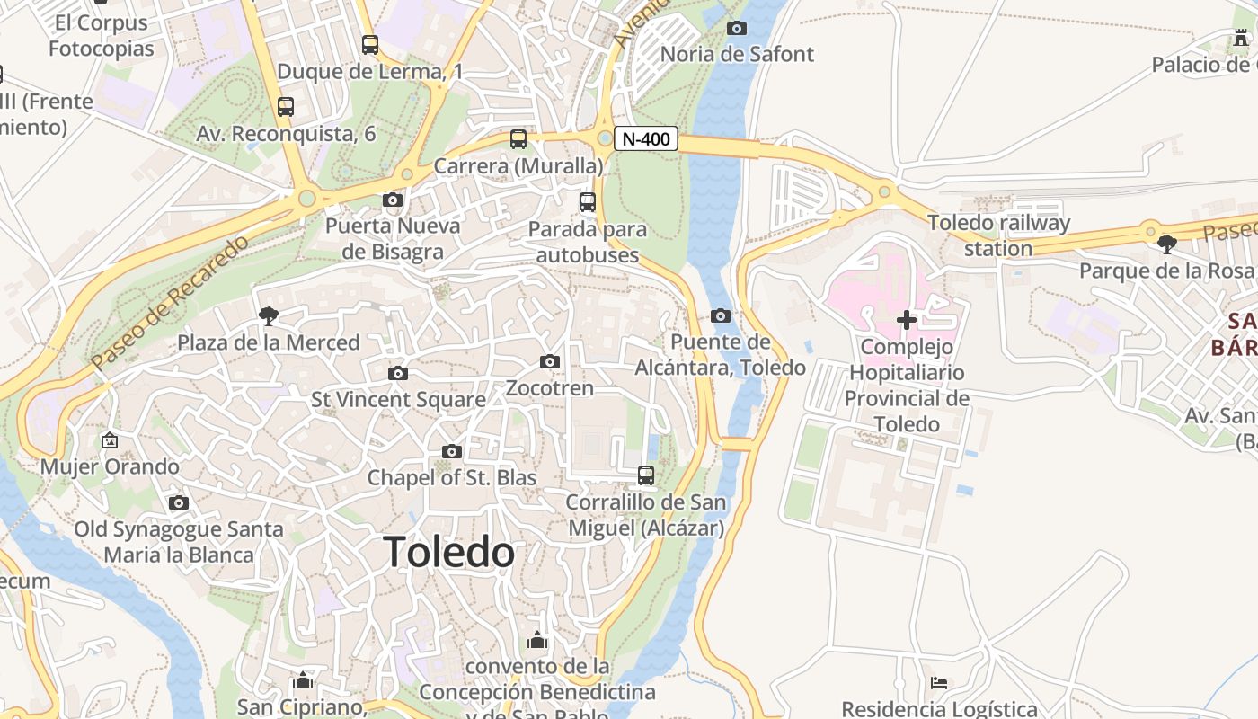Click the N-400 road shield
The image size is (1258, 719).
pos(645,139)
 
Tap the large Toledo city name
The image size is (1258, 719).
pos(449,552)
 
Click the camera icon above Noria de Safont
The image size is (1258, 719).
pos(736,29)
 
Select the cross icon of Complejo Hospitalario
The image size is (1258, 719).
pos(906,319)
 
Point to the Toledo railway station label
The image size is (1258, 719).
pos(998,235)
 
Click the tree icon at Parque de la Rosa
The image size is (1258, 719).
pos(1166,244)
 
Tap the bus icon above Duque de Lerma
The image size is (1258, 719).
pos(369,44)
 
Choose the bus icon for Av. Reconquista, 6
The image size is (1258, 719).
pos(286,107)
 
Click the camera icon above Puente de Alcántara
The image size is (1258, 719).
pos(720,315)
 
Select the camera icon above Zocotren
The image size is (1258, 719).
pos(550,362)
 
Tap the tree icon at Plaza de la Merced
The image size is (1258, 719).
pos(268,315)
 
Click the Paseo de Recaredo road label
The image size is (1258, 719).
pos(168,303)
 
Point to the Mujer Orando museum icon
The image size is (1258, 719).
pos(110,440)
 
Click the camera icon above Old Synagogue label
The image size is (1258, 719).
pos(179,502)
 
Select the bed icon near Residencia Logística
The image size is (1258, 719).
pos(939,683)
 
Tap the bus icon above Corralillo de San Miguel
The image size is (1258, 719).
pos(645,475)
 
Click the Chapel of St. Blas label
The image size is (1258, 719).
pos(452,477)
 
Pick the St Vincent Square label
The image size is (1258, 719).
pos(398,399)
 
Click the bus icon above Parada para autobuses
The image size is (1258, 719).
pos(587,202)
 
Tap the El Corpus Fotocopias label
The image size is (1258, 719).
pos(101,35)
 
